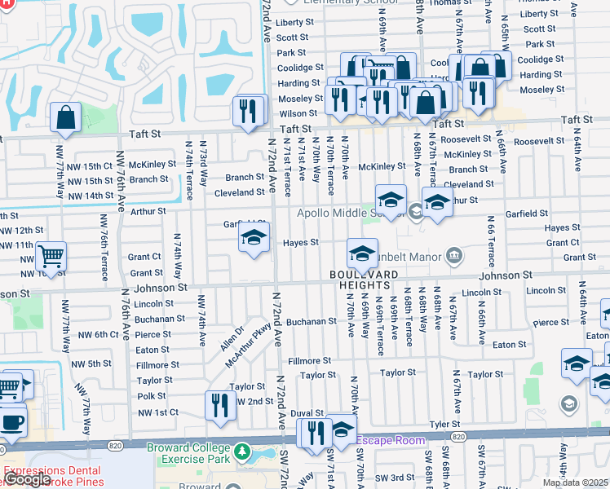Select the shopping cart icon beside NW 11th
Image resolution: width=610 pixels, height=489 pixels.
[x=51, y=258]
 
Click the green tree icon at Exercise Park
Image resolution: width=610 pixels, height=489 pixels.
[x=241, y=451]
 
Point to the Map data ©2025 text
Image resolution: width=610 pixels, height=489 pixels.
[x=574, y=482]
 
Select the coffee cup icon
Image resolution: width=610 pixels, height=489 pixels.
[x=11, y=422]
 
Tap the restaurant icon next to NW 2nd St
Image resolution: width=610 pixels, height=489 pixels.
[x=219, y=405]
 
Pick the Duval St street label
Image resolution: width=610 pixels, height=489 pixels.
[x=307, y=413]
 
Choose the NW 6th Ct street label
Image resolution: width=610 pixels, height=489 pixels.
[x=99, y=335]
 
